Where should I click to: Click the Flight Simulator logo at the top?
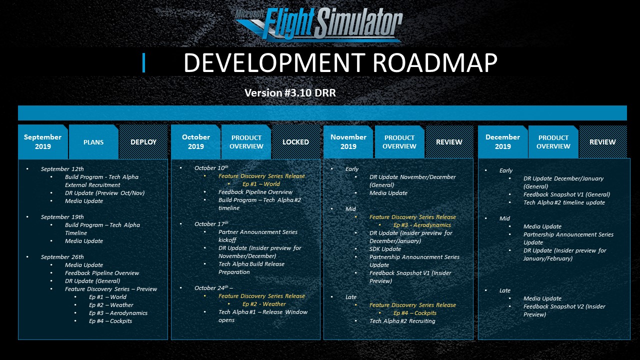pos(319,24)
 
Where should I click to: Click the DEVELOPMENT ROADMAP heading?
pos(340,62)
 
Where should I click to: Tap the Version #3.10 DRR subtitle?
pos(290,93)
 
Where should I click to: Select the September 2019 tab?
pos(43,141)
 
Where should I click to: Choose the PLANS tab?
pos(93,142)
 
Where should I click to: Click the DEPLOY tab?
pos(143,142)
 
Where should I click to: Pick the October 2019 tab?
pos(195,141)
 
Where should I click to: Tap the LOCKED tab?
pos(295,142)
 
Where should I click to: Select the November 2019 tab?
pos(348,141)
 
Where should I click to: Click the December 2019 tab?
pos(502,141)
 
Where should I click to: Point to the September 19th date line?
pos(62,217)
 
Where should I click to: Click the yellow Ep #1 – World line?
pos(261,184)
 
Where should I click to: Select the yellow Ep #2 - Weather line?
pos(264,304)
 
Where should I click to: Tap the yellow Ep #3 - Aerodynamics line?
pos(422,225)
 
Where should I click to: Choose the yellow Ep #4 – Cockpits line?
pos(415,313)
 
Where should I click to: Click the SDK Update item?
pos(385,249)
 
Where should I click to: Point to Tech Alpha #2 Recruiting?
pos(402,321)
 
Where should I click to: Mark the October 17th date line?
pos(211,223)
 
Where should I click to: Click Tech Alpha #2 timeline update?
pos(564,202)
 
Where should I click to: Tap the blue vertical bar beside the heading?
pos(143,62)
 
